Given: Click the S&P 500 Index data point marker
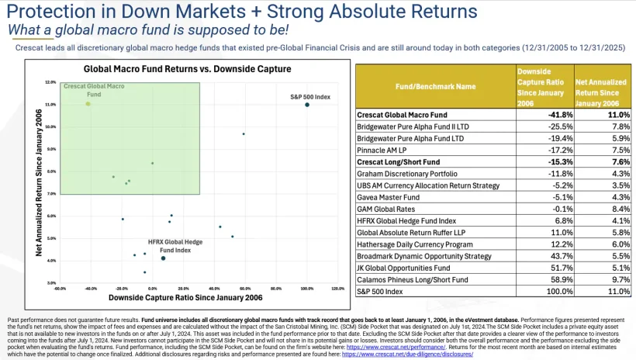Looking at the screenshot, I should pyautogui.click(x=307, y=104).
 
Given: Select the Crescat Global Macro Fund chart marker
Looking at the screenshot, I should pyautogui.click(x=88, y=103).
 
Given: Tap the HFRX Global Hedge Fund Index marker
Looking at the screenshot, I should pyautogui.click(x=163, y=258).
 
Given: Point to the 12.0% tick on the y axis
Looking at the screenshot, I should pyautogui.click(x=50, y=81).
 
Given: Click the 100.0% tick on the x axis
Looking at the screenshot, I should pyautogui.click(x=307, y=289).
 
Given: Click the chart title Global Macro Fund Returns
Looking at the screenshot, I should pyautogui.click(x=175, y=68).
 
